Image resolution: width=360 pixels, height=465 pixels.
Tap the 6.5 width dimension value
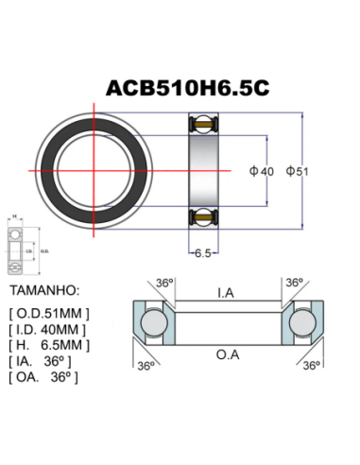point(202,253)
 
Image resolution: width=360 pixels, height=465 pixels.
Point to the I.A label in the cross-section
point(226,293)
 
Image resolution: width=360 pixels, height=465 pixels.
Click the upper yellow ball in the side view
point(202,124)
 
